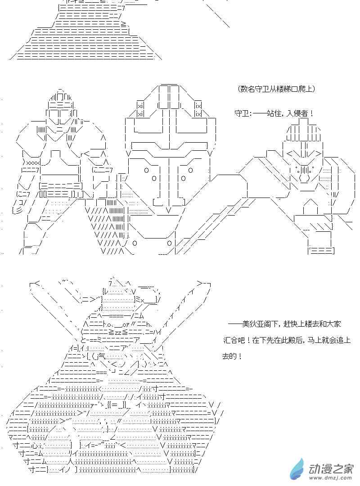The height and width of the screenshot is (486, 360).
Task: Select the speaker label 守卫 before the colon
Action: (x=242, y=113)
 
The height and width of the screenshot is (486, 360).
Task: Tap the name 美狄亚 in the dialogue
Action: (x=253, y=324)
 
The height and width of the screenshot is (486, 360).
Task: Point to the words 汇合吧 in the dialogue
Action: (x=233, y=340)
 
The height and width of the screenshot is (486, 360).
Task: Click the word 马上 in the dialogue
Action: (x=306, y=340)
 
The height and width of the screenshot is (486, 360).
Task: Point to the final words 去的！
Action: (x=232, y=356)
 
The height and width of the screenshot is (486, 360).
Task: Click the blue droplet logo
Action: (x=298, y=469)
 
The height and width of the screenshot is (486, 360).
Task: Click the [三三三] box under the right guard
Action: (x=321, y=250)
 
